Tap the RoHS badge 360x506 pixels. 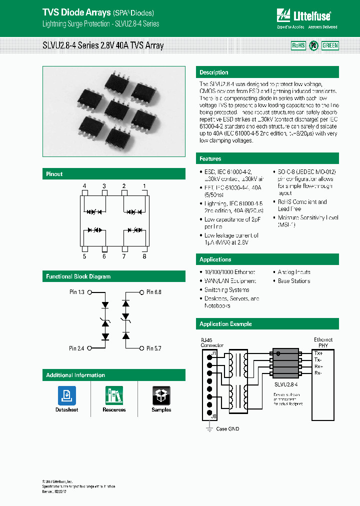pyautogui.click(x=298, y=45)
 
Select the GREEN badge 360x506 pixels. pyautogui.click(x=330, y=45)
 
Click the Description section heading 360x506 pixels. pyautogui.click(x=214, y=72)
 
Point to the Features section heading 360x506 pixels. pyautogui.click(x=210, y=158)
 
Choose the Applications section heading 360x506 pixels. pyautogui.click(x=215, y=259)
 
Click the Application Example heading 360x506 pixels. pyautogui.click(x=225, y=324)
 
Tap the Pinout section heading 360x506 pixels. pyautogui.click(x=54, y=174)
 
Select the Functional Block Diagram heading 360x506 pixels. pyautogui.click(x=78, y=276)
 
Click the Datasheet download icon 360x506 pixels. pyautogui.click(x=66, y=395)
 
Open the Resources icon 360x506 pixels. pyautogui.click(x=114, y=395)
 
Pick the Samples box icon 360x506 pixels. pyautogui.click(x=161, y=395)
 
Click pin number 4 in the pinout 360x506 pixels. pyautogui.click(x=84, y=186)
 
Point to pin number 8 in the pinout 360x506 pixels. pyautogui.click(x=144, y=256)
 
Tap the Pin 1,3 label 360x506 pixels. pyautogui.click(x=76, y=291)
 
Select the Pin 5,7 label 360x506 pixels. pyautogui.click(x=154, y=348)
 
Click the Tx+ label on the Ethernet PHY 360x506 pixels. pyautogui.click(x=318, y=353)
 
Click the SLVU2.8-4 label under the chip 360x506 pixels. pyautogui.click(x=285, y=384)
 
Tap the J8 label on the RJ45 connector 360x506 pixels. pyautogui.click(x=213, y=416)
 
